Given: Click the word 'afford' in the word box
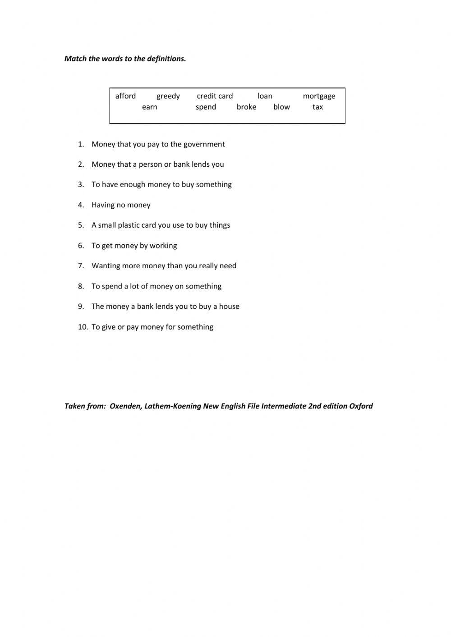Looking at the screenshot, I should tap(125, 96).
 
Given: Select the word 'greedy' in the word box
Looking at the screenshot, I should tap(168, 96).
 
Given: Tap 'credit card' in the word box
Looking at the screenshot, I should tap(215, 96).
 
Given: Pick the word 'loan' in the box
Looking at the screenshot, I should tap(265, 96).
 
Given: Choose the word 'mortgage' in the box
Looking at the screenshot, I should tap(319, 96).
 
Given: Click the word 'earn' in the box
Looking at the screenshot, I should tap(149, 107).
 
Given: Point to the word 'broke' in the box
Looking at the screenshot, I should tap(246, 107).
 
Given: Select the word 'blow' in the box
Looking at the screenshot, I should tap(281, 107).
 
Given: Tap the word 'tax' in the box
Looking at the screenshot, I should tap(318, 107).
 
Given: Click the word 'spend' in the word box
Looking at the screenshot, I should tap(206, 107).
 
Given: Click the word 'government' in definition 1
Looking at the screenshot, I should tap(204, 144).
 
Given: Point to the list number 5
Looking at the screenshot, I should tap(81, 225).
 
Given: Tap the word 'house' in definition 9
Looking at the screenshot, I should tap(229, 307).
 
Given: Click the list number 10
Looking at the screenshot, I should tap(83, 327).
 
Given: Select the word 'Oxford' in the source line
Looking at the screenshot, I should tap(361, 406).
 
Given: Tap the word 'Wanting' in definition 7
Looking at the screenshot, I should tap(106, 266).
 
